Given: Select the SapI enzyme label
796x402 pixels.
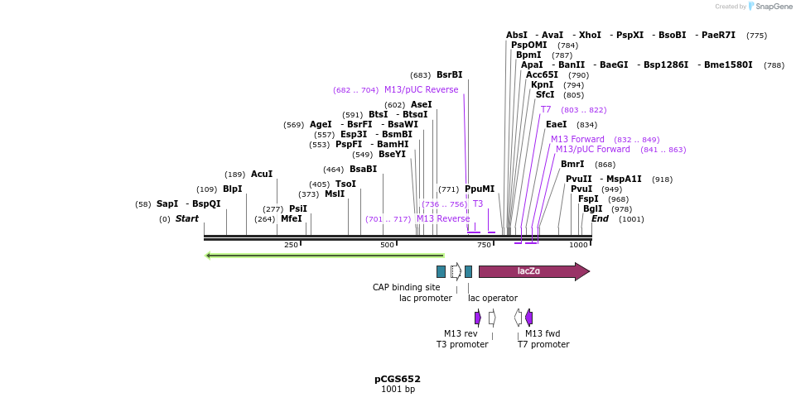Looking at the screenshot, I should pyautogui.click(x=167, y=203).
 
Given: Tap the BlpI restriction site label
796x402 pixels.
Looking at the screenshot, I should pyautogui.click(x=233, y=189).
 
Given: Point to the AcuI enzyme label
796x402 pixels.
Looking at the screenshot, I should pyautogui.click(x=262, y=174).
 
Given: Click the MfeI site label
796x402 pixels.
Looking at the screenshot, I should pyautogui.click(x=291, y=218).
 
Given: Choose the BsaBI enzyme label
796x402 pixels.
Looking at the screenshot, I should pyautogui.click(x=363, y=169).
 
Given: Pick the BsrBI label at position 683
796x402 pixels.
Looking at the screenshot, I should pyautogui.click(x=450, y=74).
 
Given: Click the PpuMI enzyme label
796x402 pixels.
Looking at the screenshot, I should pyautogui.click(x=480, y=189).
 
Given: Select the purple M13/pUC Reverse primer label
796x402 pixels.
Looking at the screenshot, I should pyautogui.click(x=421, y=89).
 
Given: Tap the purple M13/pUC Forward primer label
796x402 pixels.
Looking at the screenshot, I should pyautogui.click(x=592, y=149).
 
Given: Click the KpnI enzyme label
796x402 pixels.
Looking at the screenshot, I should pyautogui.click(x=542, y=84).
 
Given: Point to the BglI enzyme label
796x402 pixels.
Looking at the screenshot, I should pyautogui.click(x=593, y=208).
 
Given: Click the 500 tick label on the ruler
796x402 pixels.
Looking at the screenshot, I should pyautogui.click(x=387, y=245).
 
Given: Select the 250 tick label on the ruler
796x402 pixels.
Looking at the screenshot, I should pyautogui.click(x=291, y=245).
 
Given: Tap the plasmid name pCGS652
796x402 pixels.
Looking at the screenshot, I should pyautogui.click(x=398, y=379).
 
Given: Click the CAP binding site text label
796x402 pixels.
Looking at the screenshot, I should pyautogui.click(x=407, y=287).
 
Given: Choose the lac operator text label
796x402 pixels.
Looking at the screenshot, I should pyautogui.click(x=493, y=298).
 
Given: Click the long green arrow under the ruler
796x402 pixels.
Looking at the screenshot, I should pyautogui.click(x=325, y=256).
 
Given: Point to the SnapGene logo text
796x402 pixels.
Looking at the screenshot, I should pyautogui.click(x=771, y=7).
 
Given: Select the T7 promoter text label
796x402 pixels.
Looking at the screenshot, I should pyautogui.click(x=543, y=344).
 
